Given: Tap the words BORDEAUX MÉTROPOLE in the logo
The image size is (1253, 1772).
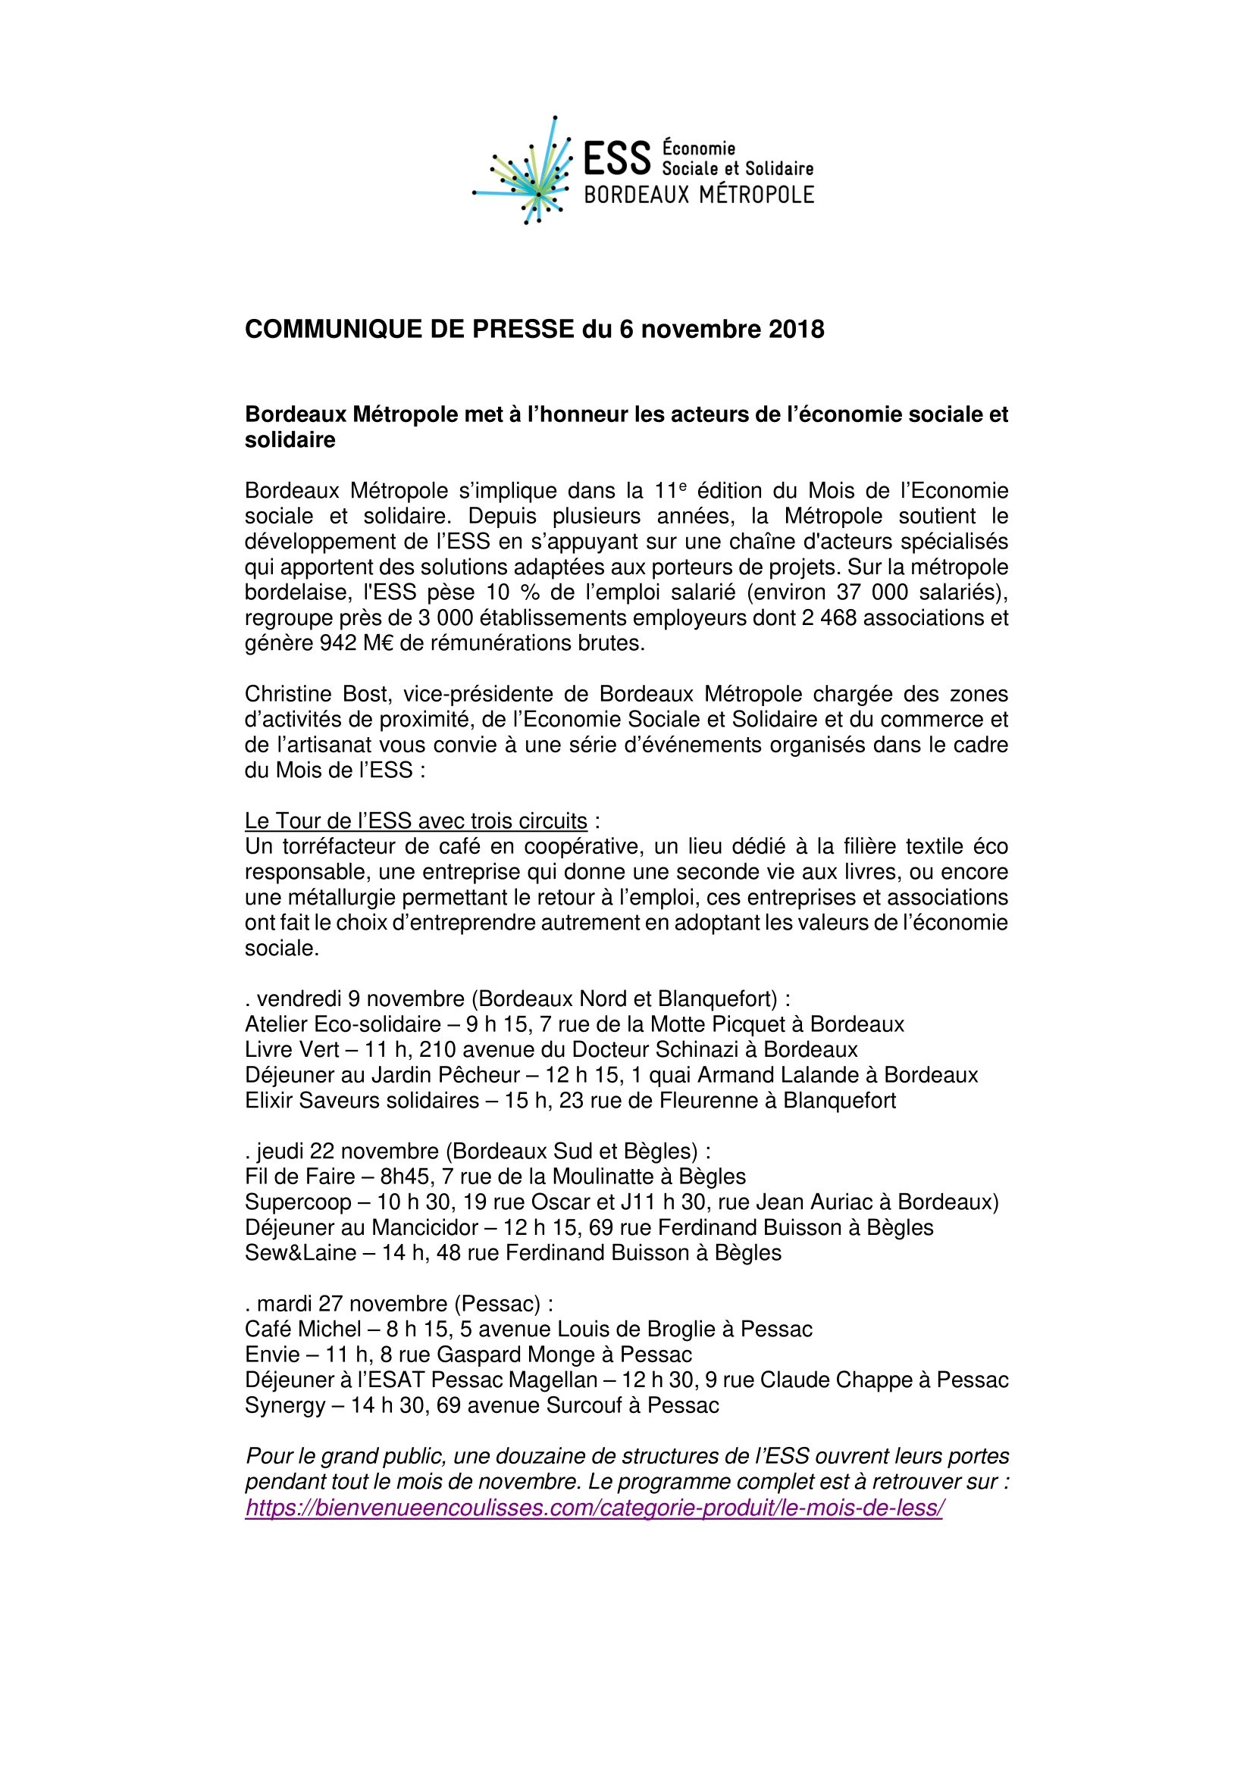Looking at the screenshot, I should click(x=699, y=195).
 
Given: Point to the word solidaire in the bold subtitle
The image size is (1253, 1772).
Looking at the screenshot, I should click(x=290, y=441).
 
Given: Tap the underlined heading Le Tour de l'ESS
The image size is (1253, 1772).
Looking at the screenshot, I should click(x=415, y=821).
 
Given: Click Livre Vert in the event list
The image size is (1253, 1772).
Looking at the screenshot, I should click(x=292, y=1050).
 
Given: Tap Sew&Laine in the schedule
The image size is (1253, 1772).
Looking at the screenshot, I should click(x=300, y=1254).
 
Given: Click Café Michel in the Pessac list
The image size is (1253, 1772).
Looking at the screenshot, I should click(x=302, y=1330).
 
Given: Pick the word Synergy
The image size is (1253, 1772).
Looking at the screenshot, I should click(x=285, y=1406).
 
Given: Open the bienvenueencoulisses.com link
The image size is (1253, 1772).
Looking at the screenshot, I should click(x=594, y=1508).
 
